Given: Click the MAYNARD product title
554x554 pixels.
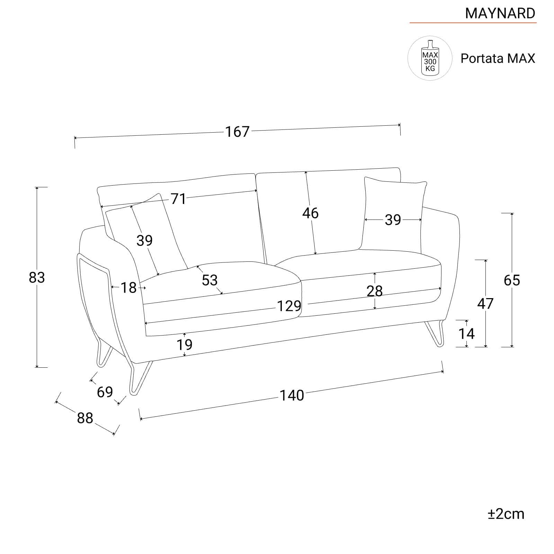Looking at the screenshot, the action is [500, 13].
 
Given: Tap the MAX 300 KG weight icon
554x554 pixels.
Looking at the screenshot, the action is [430, 58].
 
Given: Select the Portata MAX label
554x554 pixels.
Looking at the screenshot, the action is [498, 59].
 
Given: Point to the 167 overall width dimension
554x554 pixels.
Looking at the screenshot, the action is [238, 132].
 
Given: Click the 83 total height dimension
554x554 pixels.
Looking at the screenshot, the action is [37, 277].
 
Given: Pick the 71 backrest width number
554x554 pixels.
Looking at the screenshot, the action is [178, 199].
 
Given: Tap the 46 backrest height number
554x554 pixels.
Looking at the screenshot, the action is [310, 213].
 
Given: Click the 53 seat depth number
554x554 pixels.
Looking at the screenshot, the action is [210, 280].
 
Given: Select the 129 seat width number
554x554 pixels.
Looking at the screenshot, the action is [289, 306].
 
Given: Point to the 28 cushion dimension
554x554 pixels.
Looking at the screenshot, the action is [375, 291].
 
